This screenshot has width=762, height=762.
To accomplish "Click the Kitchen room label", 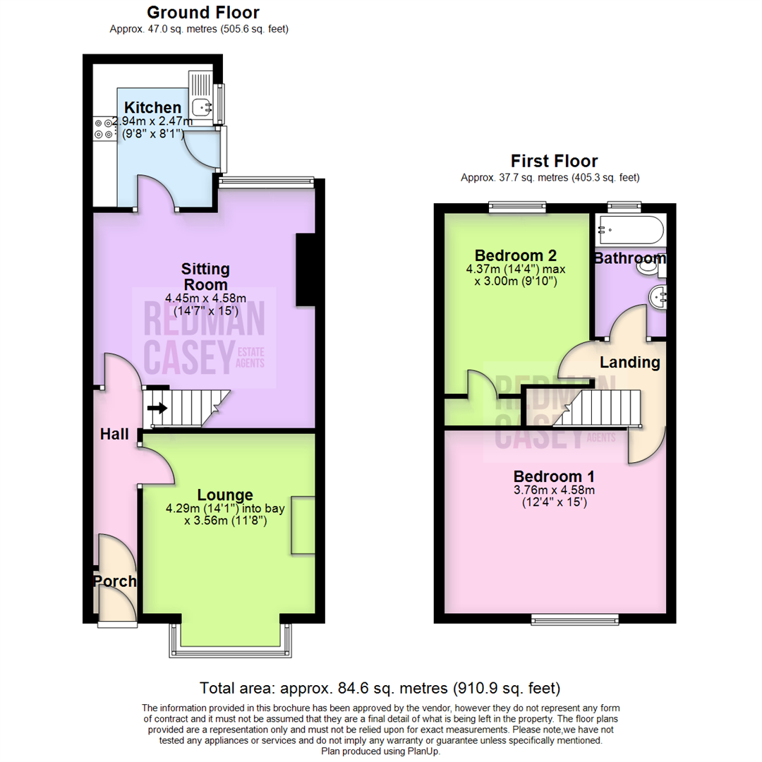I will (152, 108).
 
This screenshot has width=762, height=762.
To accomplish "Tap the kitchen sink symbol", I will (204, 107).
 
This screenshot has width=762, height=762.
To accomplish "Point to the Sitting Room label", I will (205, 277).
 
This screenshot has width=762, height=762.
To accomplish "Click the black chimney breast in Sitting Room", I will (305, 270).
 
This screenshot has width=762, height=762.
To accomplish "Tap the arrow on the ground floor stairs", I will (158, 408).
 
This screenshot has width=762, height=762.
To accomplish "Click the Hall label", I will (114, 434).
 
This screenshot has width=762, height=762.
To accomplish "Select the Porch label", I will (114, 581).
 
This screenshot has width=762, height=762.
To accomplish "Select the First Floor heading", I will (554, 161).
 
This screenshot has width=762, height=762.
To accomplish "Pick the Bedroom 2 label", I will (516, 255).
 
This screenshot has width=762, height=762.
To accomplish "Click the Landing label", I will (629, 363).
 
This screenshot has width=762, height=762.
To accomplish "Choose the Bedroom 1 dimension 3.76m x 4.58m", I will (554, 490).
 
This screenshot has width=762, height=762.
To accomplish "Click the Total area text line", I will (380, 687).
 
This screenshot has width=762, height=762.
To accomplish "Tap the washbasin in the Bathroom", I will (658, 297).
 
